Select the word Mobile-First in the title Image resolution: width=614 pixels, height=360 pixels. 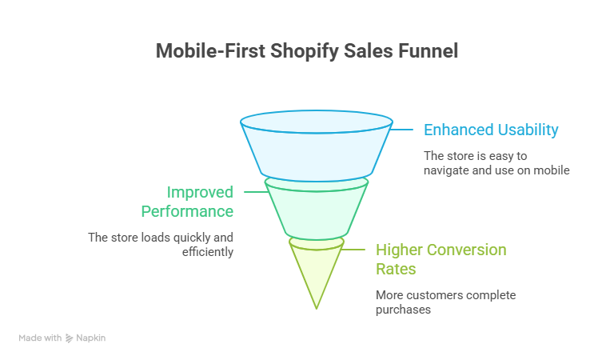pyautogui.click(x=211, y=51)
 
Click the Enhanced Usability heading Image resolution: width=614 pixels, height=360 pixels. pyautogui.click(x=490, y=130)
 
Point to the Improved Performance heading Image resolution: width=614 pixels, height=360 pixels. pyautogui.click(x=188, y=202)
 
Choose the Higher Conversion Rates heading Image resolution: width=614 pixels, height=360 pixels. pyautogui.click(x=441, y=259)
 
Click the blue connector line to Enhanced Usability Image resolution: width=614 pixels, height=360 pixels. pyautogui.click(x=403, y=130)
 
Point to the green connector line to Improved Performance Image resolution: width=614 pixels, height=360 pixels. pyautogui.click(x=254, y=192)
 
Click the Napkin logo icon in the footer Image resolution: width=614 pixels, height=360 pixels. pyautogui.click(x=70, y=338)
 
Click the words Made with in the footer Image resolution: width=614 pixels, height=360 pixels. pyautogui.click(x=40, y=338)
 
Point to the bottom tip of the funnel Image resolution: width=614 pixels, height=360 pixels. pyautogui.click(x=317, y=306)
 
